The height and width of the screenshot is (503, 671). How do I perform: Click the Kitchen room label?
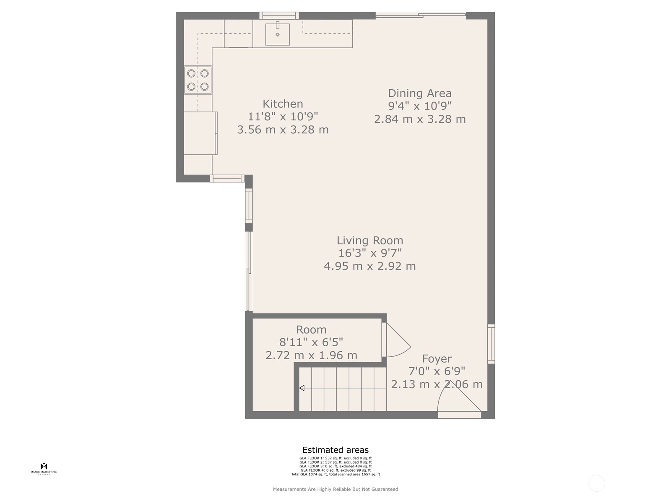click(283, 104)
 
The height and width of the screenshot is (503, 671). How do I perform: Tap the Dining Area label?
click(419, 93)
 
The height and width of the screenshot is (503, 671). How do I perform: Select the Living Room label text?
click(370, 241)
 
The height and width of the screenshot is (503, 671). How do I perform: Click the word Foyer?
click(437, 359)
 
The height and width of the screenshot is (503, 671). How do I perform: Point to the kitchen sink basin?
click(277, 34)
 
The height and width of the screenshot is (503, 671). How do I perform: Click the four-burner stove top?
click(198, 80)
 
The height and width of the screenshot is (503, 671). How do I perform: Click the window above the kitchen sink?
click(279, 16)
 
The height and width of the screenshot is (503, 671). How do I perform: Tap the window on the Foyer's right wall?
click(491, 344)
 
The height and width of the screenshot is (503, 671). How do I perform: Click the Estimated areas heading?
click(335, 451)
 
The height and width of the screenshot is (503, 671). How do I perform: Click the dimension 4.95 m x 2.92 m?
click(370, 266)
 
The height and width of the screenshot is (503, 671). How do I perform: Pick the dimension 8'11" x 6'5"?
click(311, 342)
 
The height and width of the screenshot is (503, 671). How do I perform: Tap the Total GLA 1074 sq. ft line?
click(335, 474)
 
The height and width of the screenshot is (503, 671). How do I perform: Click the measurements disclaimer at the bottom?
click(335, 489)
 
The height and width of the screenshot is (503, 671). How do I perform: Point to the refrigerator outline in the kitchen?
click(200, 133)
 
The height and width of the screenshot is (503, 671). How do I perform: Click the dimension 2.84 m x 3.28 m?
click(420, 119)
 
